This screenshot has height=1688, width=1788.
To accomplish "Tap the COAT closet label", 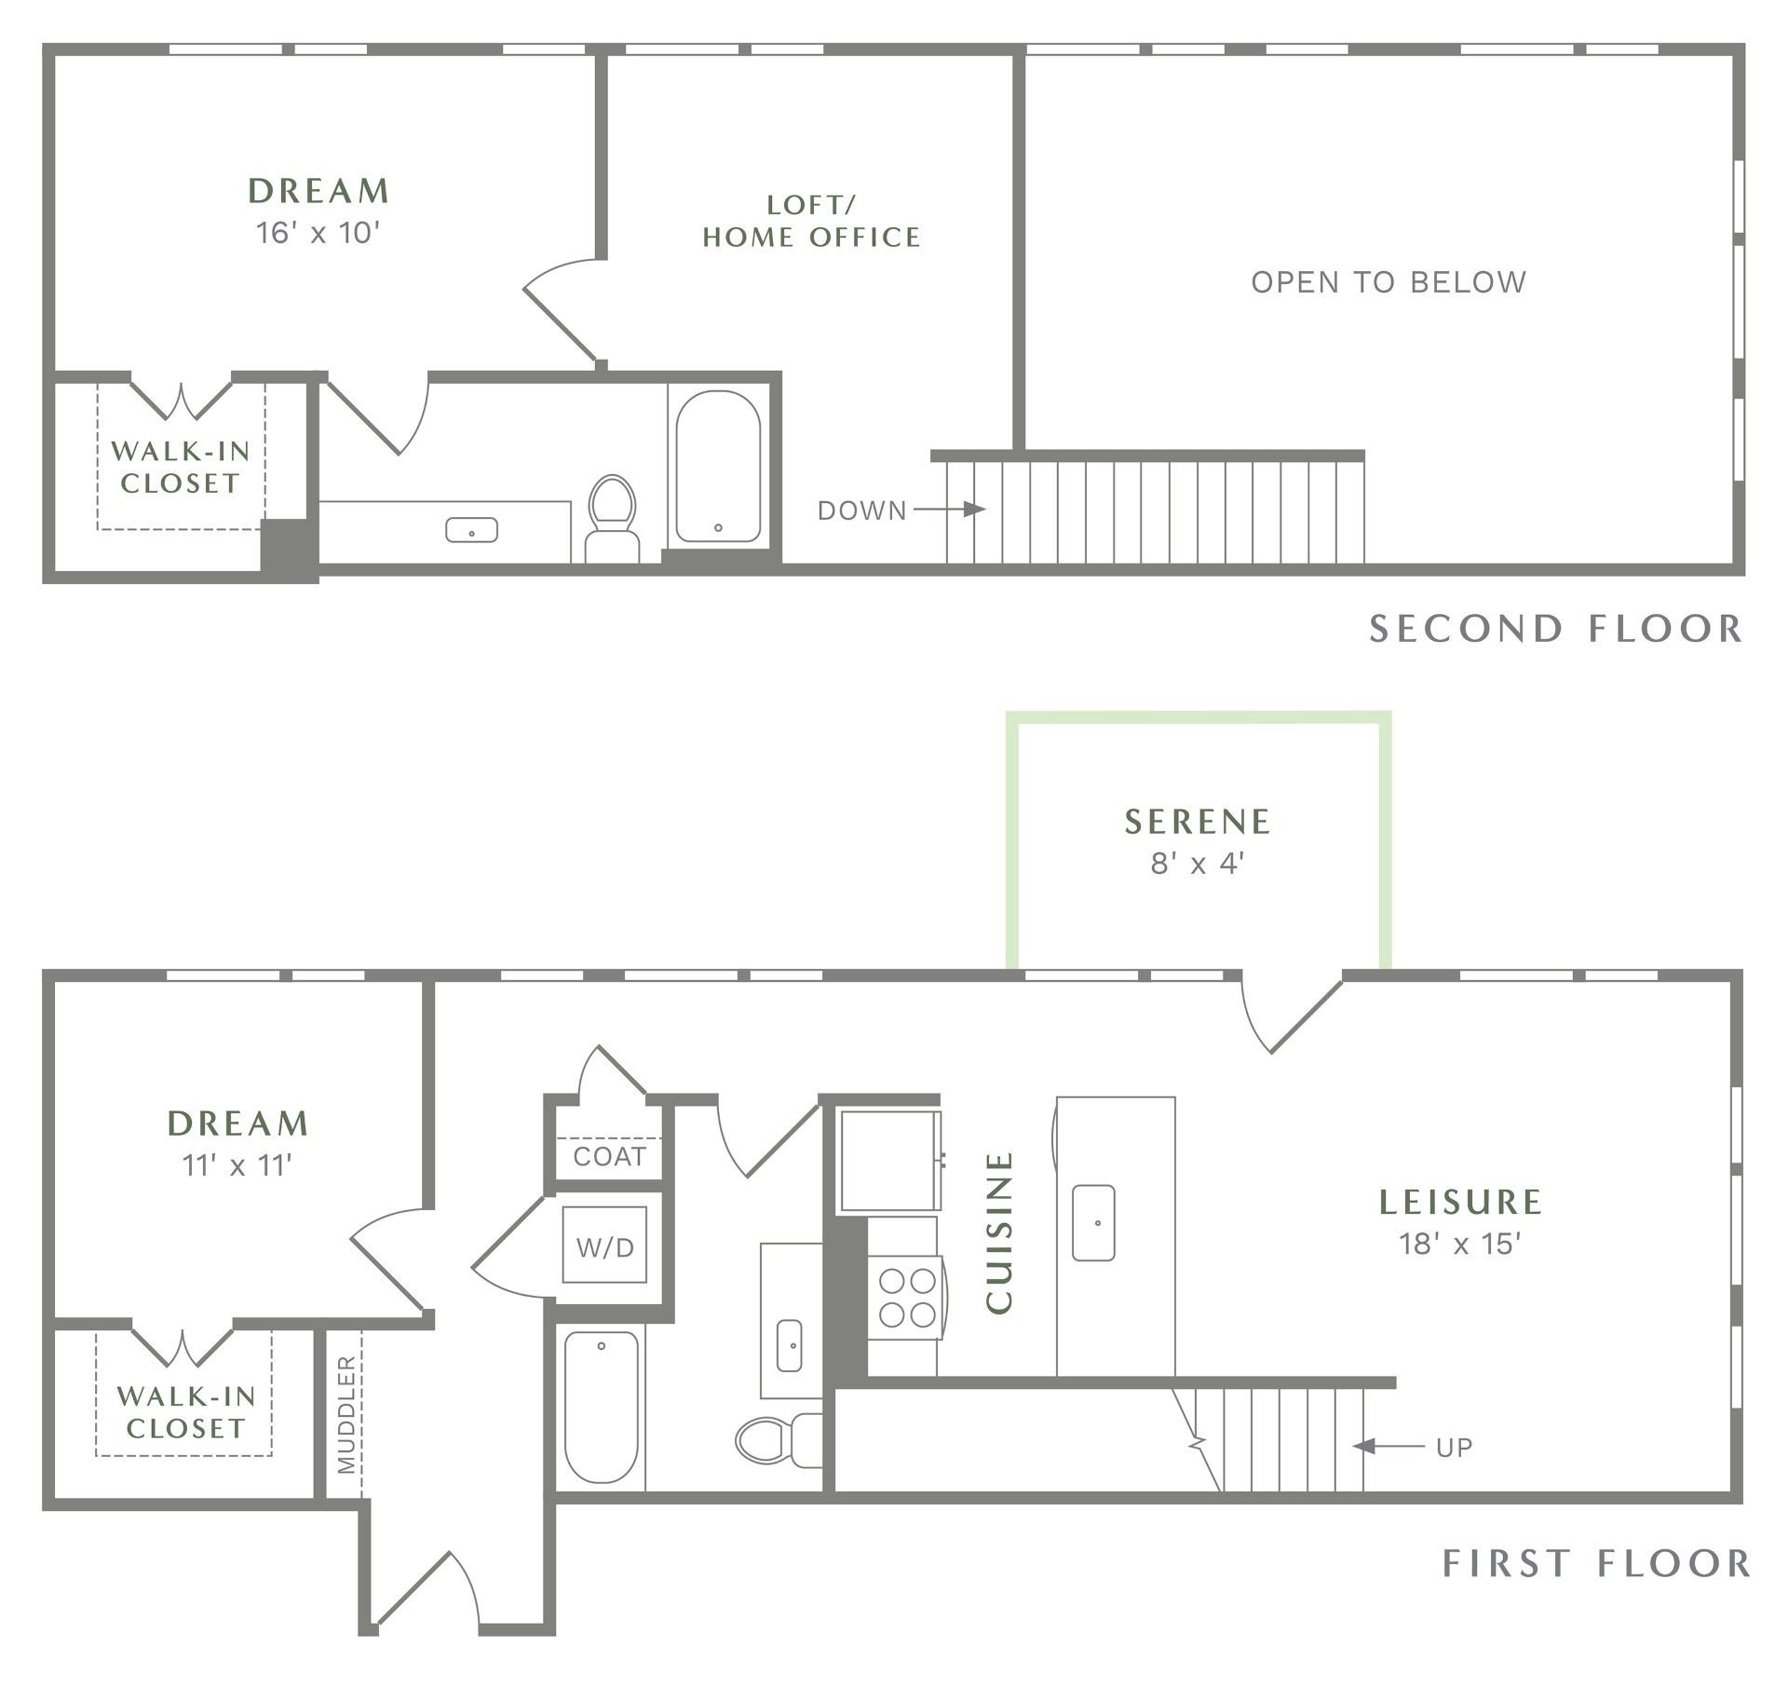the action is (x=609, y=1156).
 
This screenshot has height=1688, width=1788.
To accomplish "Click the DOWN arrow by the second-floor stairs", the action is (x=949, y=509).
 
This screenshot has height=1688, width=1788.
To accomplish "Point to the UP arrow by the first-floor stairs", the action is (x=1388, y=1446).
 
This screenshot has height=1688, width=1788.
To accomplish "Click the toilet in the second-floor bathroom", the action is (x=612, y=519).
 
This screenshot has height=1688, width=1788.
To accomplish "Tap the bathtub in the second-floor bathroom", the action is (x=718, y=466).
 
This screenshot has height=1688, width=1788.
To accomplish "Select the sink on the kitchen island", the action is (x=1093, y=1222).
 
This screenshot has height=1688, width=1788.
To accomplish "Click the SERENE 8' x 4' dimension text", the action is (x=1198, y=864).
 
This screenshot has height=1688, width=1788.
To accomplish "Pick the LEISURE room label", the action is (x=1460, y=1202).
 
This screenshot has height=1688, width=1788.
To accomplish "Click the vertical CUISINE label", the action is (x=999, y=1232).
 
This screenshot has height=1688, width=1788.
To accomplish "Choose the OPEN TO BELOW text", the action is (x=1388, y=282).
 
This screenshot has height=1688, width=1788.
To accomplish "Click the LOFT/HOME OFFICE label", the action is (x=811, y=221).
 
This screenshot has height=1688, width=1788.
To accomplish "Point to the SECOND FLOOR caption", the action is (x=1555, y=629).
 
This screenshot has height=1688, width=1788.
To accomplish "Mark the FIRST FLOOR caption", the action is (x=1596, y=1563).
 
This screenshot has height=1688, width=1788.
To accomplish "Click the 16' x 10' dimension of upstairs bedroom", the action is (x=318, y=232).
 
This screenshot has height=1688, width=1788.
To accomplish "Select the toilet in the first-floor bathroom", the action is (x=779, y=1440).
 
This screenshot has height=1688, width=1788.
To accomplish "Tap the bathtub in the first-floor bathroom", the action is (x=602, y=1407).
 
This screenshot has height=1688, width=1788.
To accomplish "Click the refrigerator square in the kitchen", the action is (x=889, y=1160).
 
